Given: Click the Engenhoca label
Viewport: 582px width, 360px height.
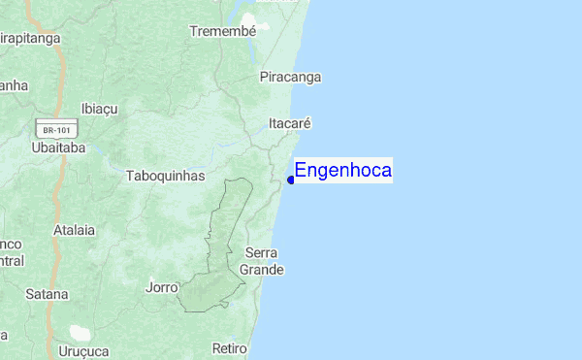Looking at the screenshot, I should pos(343,171).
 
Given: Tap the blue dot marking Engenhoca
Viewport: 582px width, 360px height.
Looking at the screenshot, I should pos(291,180).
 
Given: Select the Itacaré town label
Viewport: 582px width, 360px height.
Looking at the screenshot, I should pos(289,124).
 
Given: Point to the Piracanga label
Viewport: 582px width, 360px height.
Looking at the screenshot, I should pos(290,77).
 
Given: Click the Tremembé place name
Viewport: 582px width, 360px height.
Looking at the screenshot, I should pos(223,31).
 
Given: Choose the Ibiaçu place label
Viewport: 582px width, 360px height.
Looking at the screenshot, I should pos(99,108).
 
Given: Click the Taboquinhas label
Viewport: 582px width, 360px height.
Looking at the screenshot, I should pos(166,177).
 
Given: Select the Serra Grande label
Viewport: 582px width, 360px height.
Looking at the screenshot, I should pos(262,261).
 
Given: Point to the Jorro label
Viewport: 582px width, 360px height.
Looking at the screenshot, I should pos(161,288).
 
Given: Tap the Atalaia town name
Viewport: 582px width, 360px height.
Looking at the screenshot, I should pos(75,231).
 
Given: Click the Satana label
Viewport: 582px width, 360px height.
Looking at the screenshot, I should pos(48,294).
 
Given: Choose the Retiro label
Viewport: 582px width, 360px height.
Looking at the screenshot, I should pos(230,348).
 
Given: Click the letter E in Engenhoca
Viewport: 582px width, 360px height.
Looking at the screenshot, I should pos(301,171).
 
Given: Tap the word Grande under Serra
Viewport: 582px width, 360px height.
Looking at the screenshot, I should pos(262,270).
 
